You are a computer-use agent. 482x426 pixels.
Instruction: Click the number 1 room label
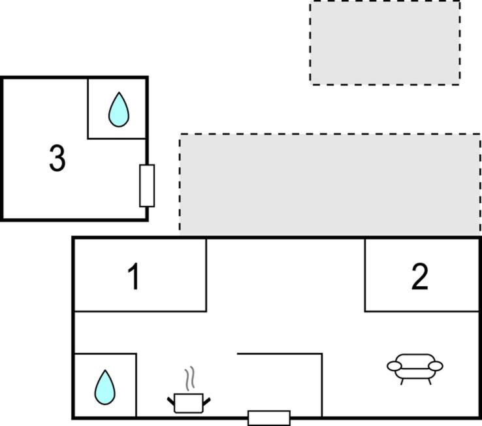pyautogui.click(x=134, y=277)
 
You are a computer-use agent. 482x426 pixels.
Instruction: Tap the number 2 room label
pyautogui.click(x=419, y=276)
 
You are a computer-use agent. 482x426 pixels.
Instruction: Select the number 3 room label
pyautogui.click(x=57, y=158)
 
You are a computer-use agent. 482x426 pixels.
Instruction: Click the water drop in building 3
pyautogui.click(x=119, y=110)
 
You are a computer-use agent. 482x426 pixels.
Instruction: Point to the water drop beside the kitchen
pyautogui.click(x=104, y=387)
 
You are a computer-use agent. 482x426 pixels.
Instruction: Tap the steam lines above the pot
pyautogui.click(x=190, y=378)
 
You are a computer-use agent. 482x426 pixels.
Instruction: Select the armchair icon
pyautogui.click(x=415, y=369)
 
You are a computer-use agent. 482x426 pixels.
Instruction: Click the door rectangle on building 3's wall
pyautogui.click(x=147, y=186)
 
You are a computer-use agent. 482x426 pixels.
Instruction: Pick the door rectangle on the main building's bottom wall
pyautogui.click(x=269, y=418)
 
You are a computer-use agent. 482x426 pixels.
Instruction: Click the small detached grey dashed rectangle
pyautogui.click(x=385, y=42)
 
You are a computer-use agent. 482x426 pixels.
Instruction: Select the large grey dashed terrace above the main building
pyautogui.click(x=330, y=184)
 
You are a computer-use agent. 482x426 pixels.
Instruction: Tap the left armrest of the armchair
pyautogui.click(x=394, y=366)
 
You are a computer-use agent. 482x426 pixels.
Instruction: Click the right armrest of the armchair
pyautogui.click(x=436, y=366)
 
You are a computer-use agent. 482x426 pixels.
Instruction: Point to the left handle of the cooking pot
pyautogui.click(x=171, y=401)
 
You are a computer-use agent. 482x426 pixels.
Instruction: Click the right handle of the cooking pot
pyautogui.click(x=207, y=401)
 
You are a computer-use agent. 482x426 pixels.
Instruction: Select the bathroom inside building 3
pyautogui.click(x=117, y=108)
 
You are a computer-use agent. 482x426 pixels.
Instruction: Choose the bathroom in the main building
pyautogui.click(x=105, y=385)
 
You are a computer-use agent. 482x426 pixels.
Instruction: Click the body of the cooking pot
pyautogui.click(x=189, y=403)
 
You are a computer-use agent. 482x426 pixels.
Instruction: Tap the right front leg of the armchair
pyautogui.click(x=430, y=382)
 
